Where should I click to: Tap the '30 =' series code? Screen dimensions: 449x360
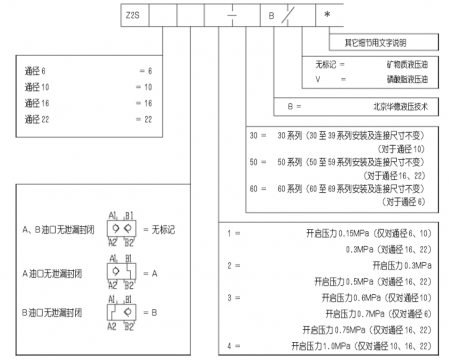254,135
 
